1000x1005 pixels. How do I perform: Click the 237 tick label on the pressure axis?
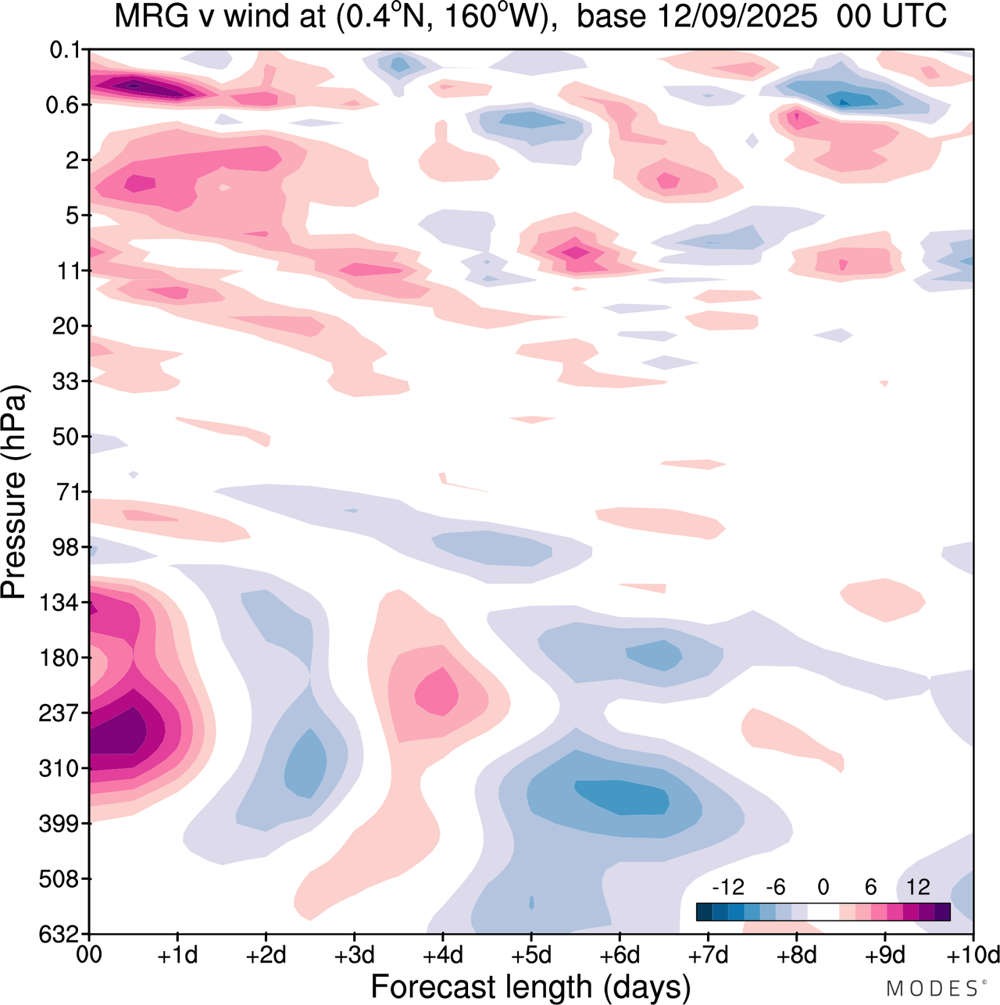point(59,714)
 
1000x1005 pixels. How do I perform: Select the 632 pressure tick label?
point(59,934)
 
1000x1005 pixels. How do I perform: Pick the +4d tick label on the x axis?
point(442,955)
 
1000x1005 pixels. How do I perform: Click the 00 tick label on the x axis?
point(90,955)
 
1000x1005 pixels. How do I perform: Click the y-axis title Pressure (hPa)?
point(14,492)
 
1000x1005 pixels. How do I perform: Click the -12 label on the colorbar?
point(727,887)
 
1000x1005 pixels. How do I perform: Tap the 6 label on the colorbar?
point(870,887)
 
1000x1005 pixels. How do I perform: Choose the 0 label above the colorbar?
point(823,887)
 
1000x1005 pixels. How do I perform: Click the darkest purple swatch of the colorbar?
point(942,911)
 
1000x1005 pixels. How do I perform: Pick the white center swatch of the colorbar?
point(823,911)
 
